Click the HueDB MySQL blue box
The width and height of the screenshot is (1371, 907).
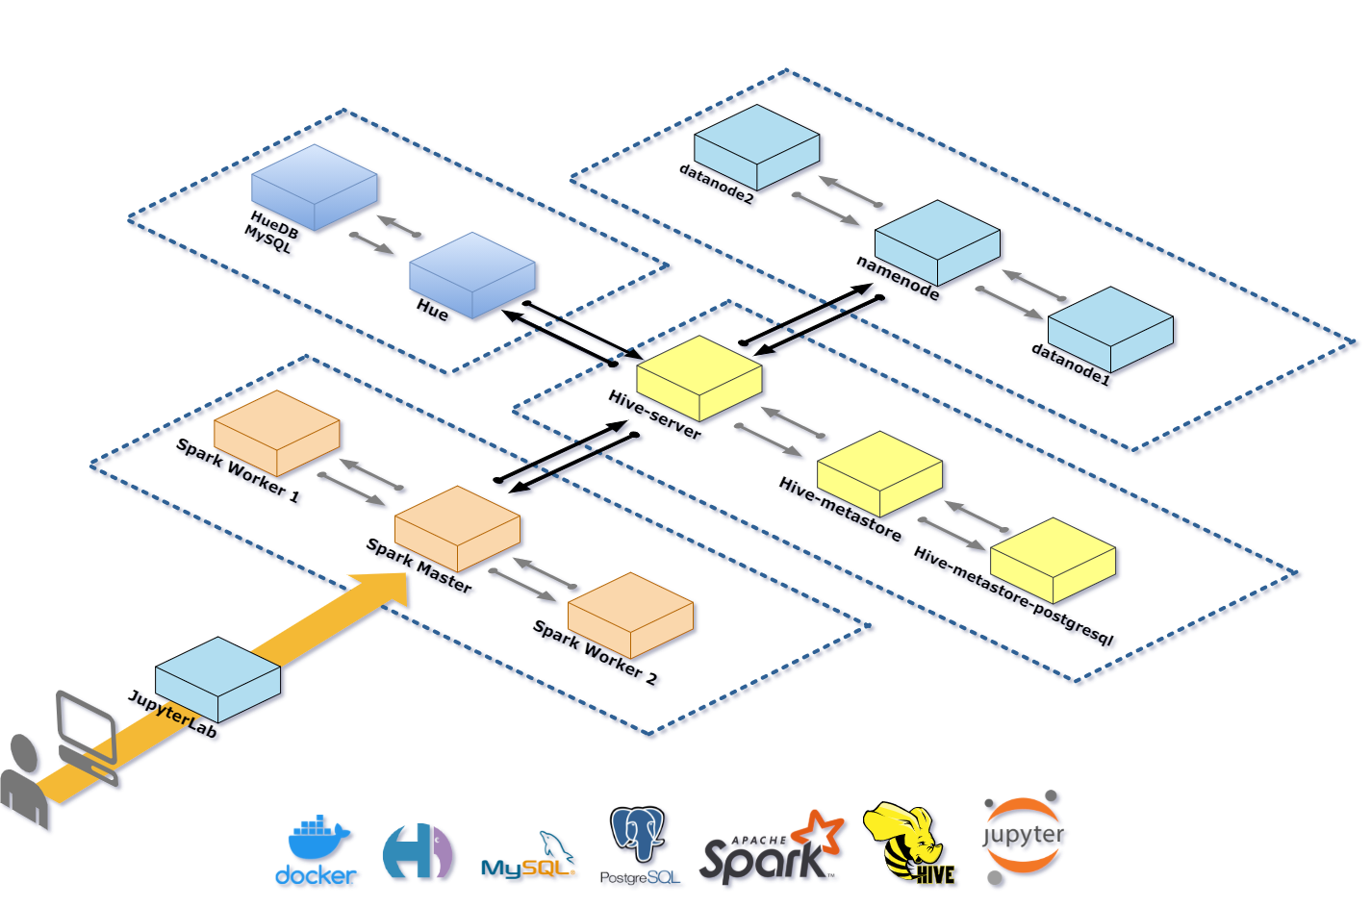click(x=314, y=187)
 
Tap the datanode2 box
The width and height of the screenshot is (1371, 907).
click(x=756, y=146)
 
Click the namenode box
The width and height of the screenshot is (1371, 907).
click(x=937, y=242)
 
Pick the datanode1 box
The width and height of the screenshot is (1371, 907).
click(x=1110, y=329)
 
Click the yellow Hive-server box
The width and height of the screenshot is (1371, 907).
click(x=699, y=378)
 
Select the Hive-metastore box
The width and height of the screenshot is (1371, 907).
click(x=879, y=473)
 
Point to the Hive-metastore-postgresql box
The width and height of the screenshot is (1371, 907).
click(x=1053, y=560)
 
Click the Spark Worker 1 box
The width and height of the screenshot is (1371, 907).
click(x=276, y=432)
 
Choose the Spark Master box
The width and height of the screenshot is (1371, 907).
click(x=457, y=528)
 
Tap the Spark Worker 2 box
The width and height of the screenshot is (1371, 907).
click(x=630, y=615)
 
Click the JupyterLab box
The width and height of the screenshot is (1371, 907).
click(x=217, y=679)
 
